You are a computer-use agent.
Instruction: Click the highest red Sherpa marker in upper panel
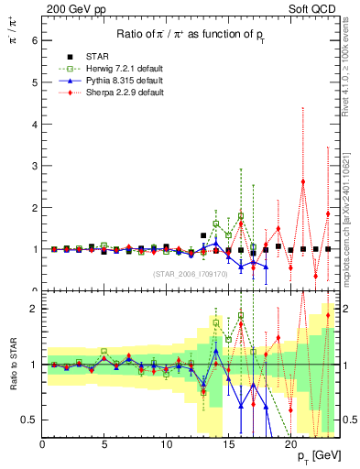pos(303,181)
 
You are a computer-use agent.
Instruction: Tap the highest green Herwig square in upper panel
pos(241,216)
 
